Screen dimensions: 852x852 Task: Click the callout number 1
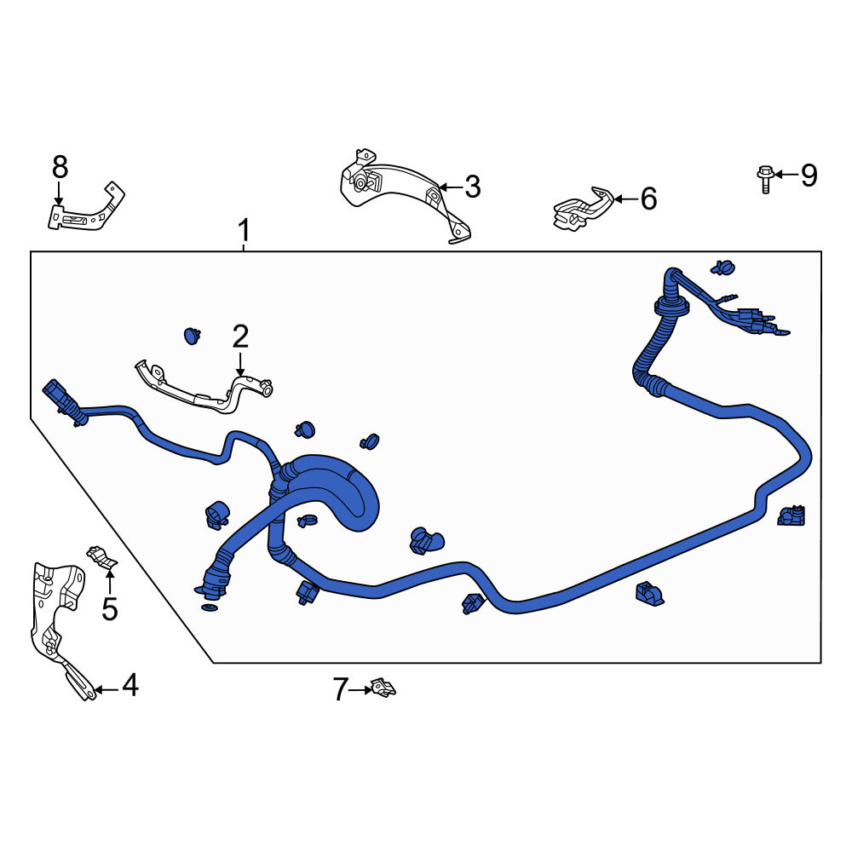point(245,230)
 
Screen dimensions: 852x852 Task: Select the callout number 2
point(240,337)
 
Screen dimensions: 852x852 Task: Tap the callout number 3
point(473,187)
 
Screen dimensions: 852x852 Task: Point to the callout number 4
point(130,685)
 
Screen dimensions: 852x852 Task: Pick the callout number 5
point(110,608)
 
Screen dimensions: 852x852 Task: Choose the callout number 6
point(648,199)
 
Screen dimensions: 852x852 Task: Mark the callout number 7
point(340,689)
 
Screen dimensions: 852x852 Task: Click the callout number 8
point(60,167)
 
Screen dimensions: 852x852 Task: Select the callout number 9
point(809,176)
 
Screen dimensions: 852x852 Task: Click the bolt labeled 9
point(764,179)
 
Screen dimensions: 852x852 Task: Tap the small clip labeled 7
point(383,688)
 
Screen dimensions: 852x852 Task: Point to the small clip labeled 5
point(102,558)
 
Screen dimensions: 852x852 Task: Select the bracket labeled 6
point(583,209)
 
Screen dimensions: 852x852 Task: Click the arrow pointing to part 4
point(107,690)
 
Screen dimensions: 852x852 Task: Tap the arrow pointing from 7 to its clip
point(360,690)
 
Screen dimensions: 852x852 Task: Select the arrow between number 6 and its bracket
point(626,199)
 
